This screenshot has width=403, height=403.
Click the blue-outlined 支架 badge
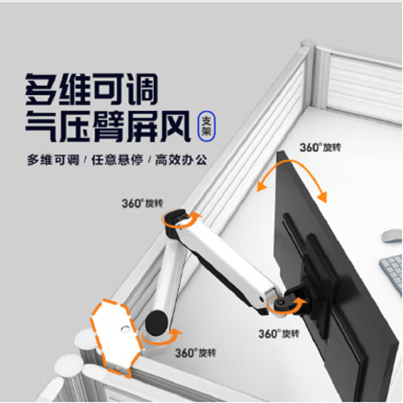207,126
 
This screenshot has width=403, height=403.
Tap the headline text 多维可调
92,89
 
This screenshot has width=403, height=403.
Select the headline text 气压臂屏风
108,126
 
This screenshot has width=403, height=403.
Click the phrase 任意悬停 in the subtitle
117,160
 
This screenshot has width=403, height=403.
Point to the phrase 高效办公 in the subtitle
181,160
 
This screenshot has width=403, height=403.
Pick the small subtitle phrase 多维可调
53,160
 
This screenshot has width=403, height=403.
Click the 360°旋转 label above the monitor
320,148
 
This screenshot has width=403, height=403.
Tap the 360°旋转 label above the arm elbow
143,204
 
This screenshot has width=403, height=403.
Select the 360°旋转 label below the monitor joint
279,334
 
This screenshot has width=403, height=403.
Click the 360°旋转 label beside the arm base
195,353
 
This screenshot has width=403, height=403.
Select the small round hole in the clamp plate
125,329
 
